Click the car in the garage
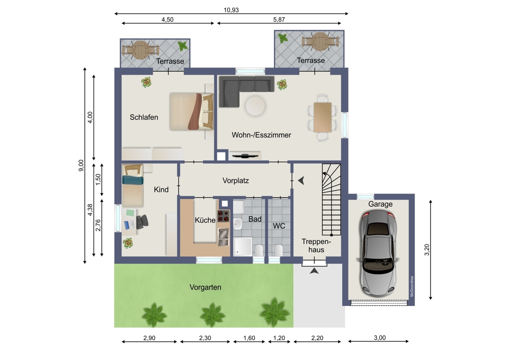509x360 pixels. (x=378, y=252)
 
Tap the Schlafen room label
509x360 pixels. (x=144, y=117)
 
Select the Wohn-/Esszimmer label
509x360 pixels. (x=261, y=135)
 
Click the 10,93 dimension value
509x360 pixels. (x=231, y=10)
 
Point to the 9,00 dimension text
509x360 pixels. (x=81, y=166)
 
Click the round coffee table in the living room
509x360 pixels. (x=255, y=106)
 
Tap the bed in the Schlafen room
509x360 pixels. (x=191, y=112)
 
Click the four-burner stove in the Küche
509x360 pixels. (x=223, y=216)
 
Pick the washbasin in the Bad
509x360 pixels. (x=237, y=224)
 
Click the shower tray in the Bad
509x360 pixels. (x=242, y=247)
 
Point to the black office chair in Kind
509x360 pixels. (x=142, y=221)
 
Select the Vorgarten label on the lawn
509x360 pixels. (x=205, y=287)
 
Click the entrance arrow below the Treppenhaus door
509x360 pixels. (x=314, y=270)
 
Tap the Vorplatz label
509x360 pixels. (x=236, y=180)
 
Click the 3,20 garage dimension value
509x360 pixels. (x=427, y=250)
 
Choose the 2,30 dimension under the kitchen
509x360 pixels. (x=205, y=338)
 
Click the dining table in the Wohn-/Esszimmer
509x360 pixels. (x=323, y=117)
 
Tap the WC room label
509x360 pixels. (x=279, y=226)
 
